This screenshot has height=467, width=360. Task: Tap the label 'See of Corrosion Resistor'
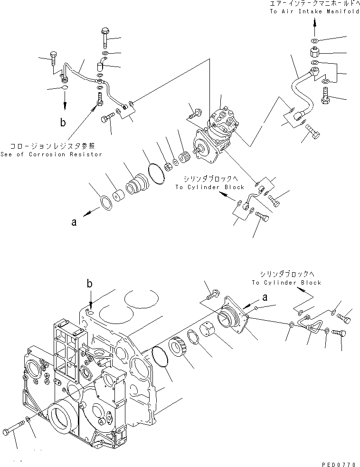coord(51,154)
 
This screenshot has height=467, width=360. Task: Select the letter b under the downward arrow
coord(63,123)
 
